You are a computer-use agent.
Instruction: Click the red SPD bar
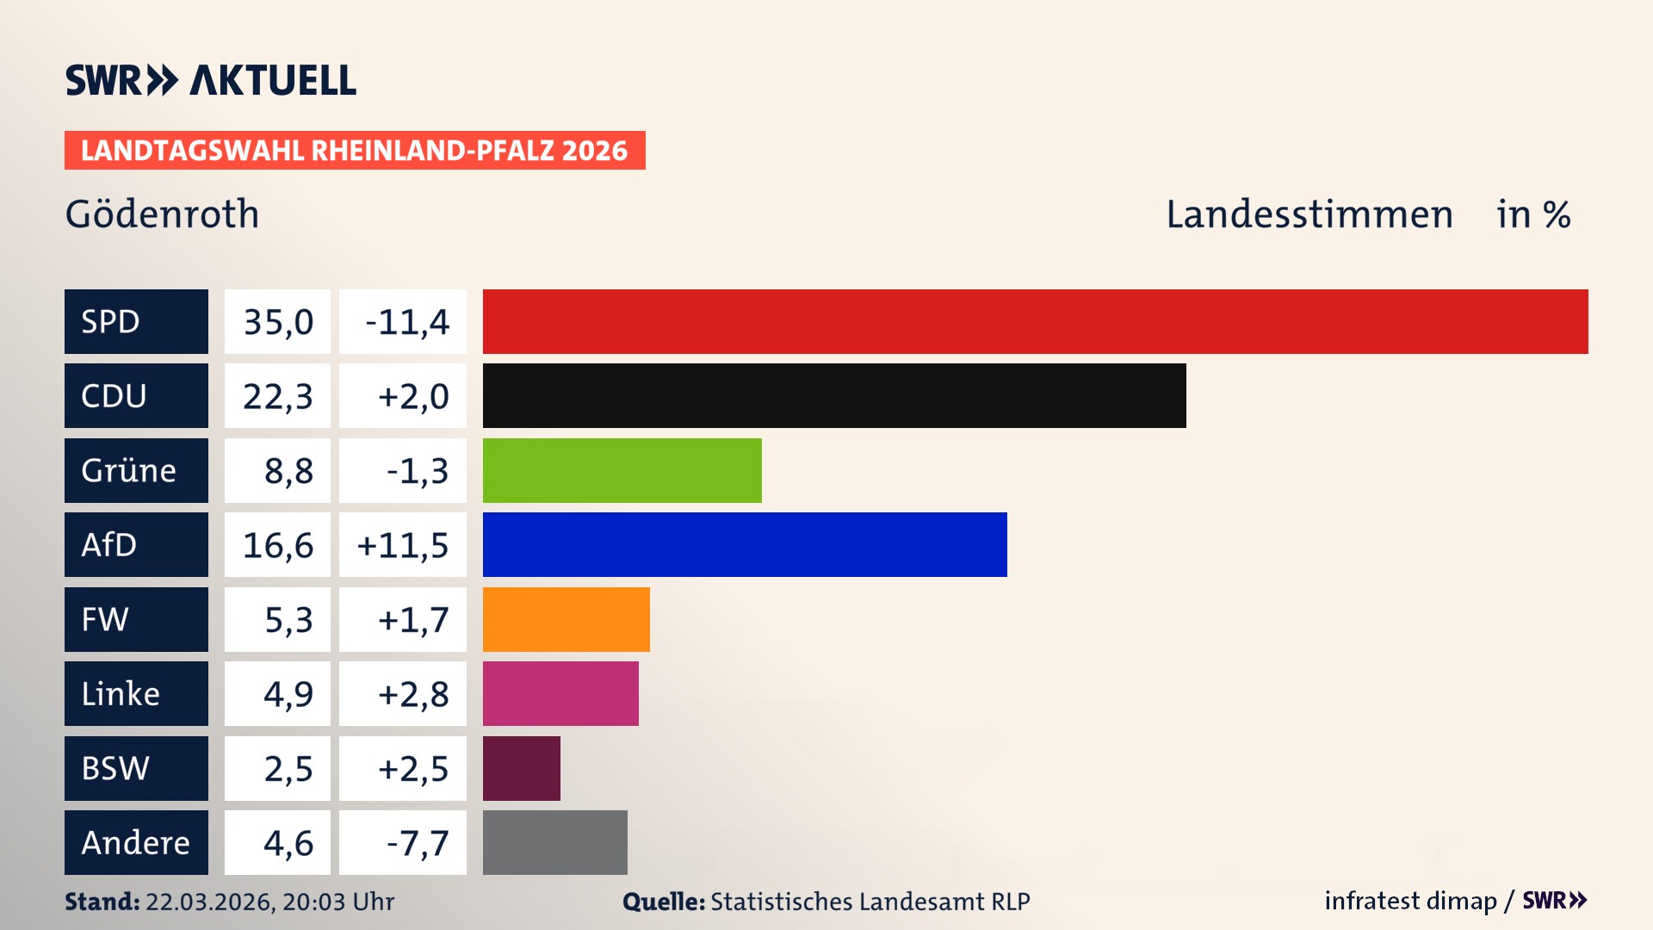click(1035, 321)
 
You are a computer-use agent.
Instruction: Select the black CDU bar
click(833, 395)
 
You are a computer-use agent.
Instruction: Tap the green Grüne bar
click(622, 470)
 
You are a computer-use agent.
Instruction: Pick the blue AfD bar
click(745, 544)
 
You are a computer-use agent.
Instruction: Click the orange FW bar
click(566, 619)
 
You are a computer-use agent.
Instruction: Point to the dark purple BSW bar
click(521, 768)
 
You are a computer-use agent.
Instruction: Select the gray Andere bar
click(554, 842)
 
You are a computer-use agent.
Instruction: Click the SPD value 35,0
click(277, 321)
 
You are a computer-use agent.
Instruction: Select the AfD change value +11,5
click(402, 544)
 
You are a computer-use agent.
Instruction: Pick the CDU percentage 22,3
click(277, 395)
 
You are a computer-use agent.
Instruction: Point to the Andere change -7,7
click(417, 842)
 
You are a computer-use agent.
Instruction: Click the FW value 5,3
click(288, 619)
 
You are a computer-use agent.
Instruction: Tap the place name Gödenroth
click(162, 214)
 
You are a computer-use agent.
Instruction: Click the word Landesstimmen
click(1309, 214)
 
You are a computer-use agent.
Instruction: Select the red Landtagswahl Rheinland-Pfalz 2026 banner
click(354, 150)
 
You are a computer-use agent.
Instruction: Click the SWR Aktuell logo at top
click(210, 80)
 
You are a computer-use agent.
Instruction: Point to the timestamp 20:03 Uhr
click(337, 902)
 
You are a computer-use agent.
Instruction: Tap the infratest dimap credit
click(1410, 901)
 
